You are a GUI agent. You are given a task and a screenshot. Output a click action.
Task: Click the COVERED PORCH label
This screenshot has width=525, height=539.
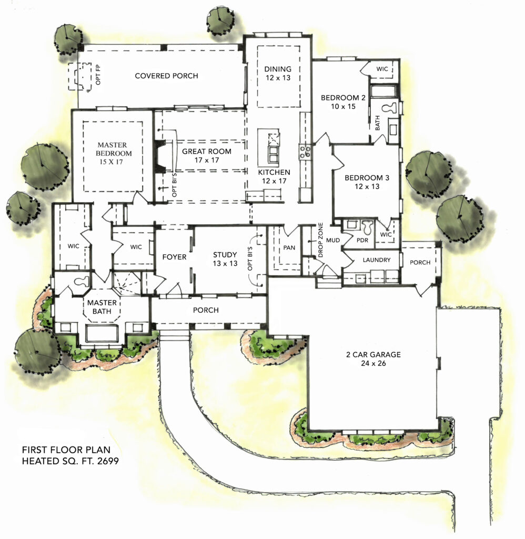point(166,76)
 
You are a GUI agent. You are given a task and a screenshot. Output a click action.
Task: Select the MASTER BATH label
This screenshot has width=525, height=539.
point(102,307)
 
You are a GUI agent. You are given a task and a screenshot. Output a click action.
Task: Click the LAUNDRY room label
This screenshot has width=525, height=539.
point(377,260)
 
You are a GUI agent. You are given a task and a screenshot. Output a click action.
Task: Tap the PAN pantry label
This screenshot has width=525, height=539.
point(289,247)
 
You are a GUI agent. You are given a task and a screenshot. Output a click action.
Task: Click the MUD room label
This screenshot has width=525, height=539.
point(333,241)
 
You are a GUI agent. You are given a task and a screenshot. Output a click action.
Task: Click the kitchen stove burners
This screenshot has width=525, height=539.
point(305,152)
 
